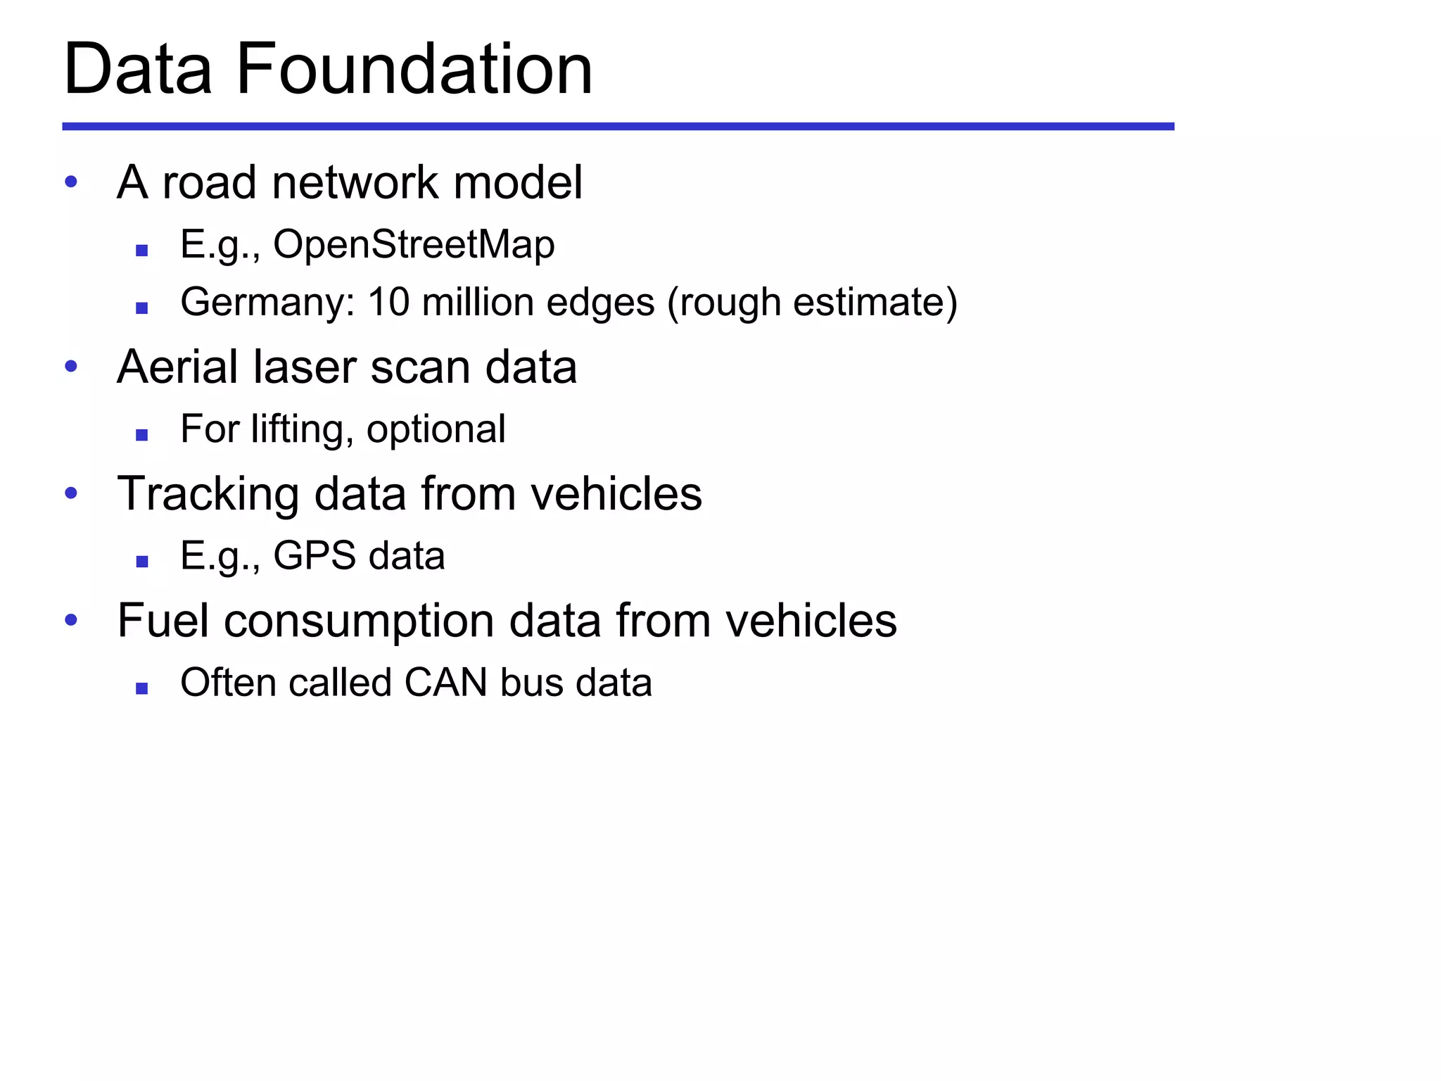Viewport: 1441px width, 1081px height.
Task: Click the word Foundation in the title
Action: [x=414, y=69]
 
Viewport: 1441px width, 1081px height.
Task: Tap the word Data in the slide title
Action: [x=138, y=69]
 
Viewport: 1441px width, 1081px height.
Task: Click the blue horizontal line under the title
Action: [x=618, y=127]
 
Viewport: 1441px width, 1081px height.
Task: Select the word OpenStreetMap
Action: [x=414, y=245]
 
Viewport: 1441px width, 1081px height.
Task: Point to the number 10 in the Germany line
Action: [x=388, y=302]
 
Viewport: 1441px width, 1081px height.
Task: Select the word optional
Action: [x=436, y=429]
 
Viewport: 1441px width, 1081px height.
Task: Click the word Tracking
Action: [x=208, y=494]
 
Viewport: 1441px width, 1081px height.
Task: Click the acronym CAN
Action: [x=445, y=683]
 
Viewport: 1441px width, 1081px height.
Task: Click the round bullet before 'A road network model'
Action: [x=70, y=182]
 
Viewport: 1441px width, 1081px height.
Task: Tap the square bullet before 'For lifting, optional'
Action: [x=142, y=435]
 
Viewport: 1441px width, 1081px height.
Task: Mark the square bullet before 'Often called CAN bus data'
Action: [x=142, y=688]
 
